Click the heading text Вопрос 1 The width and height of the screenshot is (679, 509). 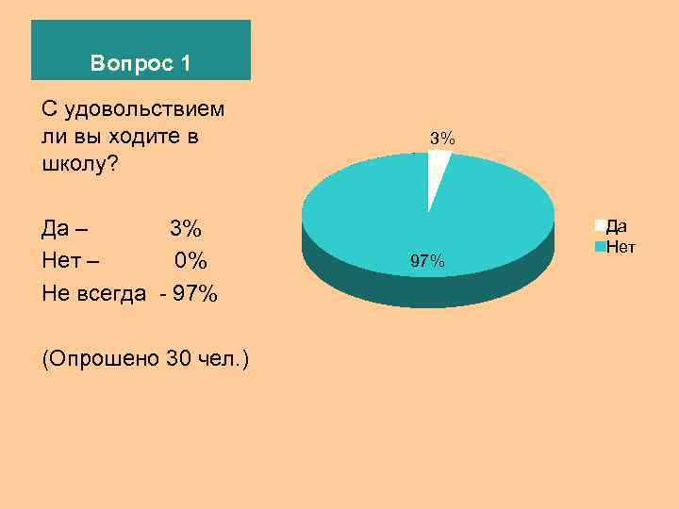[141, 64]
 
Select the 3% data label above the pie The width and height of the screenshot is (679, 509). [442, 139]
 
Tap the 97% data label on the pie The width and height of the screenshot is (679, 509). [427, 261]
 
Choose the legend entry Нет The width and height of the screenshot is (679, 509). [620, 247]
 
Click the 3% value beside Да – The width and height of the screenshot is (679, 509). [185, 229]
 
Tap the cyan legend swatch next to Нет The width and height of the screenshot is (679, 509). [599, 248]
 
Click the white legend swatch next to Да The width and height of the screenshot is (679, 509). [599, 225]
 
